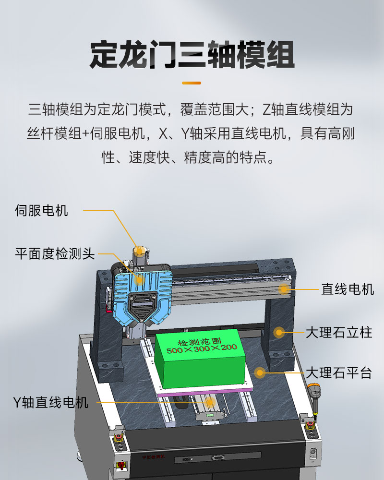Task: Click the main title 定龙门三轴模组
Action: point(192,55)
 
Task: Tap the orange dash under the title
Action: point(192,83)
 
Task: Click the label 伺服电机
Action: point(41,211)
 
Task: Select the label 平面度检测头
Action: point(55,254)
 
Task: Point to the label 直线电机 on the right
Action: point(347,289)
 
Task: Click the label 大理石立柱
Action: point(339,333)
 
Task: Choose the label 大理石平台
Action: point(339,373)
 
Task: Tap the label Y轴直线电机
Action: point(51,402)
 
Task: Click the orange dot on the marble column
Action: point(279,333)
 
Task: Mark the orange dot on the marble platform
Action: point(260,372)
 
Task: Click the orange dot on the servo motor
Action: point(139,251)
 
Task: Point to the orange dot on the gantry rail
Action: point(284,289)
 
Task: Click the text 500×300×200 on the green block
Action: point(202,348)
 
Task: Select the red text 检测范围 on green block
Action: point(200,341)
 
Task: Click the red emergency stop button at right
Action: point(310,425)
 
